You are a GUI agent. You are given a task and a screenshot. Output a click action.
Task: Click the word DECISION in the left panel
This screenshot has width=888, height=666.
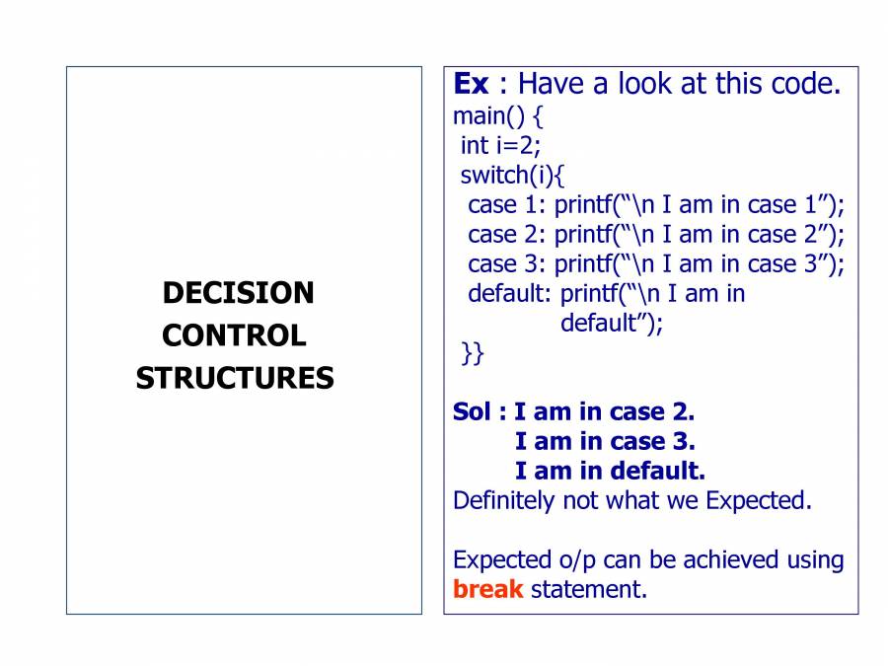238,293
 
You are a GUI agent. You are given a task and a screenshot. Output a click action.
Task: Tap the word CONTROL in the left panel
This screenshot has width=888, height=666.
234,335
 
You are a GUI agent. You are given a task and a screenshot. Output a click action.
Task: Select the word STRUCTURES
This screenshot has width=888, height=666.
235,378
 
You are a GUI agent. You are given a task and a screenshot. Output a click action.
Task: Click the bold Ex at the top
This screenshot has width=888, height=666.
471,85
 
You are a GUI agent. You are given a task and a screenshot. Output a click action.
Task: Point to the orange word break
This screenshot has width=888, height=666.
487,589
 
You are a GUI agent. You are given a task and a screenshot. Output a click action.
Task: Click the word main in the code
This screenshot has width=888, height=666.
479,116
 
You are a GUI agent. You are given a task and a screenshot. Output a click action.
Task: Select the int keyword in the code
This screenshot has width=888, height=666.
474,146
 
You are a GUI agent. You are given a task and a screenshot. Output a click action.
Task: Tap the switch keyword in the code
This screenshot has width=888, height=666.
490,175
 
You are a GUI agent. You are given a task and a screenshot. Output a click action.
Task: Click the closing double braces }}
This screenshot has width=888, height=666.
473,353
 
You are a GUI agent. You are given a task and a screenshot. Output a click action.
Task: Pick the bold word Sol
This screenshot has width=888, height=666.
472,411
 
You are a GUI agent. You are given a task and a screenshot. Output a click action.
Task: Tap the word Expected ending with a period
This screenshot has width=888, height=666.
759,500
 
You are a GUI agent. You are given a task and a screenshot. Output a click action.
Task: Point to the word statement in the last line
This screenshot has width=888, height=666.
588,590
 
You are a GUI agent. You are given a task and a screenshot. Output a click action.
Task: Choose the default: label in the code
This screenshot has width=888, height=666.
509,293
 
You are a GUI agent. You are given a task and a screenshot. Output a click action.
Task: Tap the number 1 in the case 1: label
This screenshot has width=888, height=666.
531,205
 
